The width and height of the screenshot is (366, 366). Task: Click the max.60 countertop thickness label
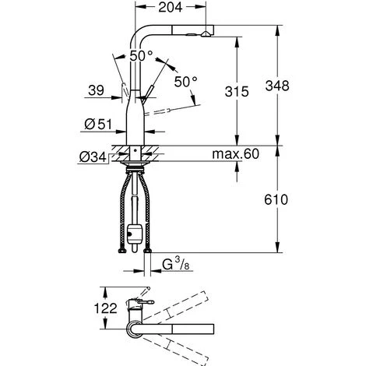[x=234, y=154]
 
